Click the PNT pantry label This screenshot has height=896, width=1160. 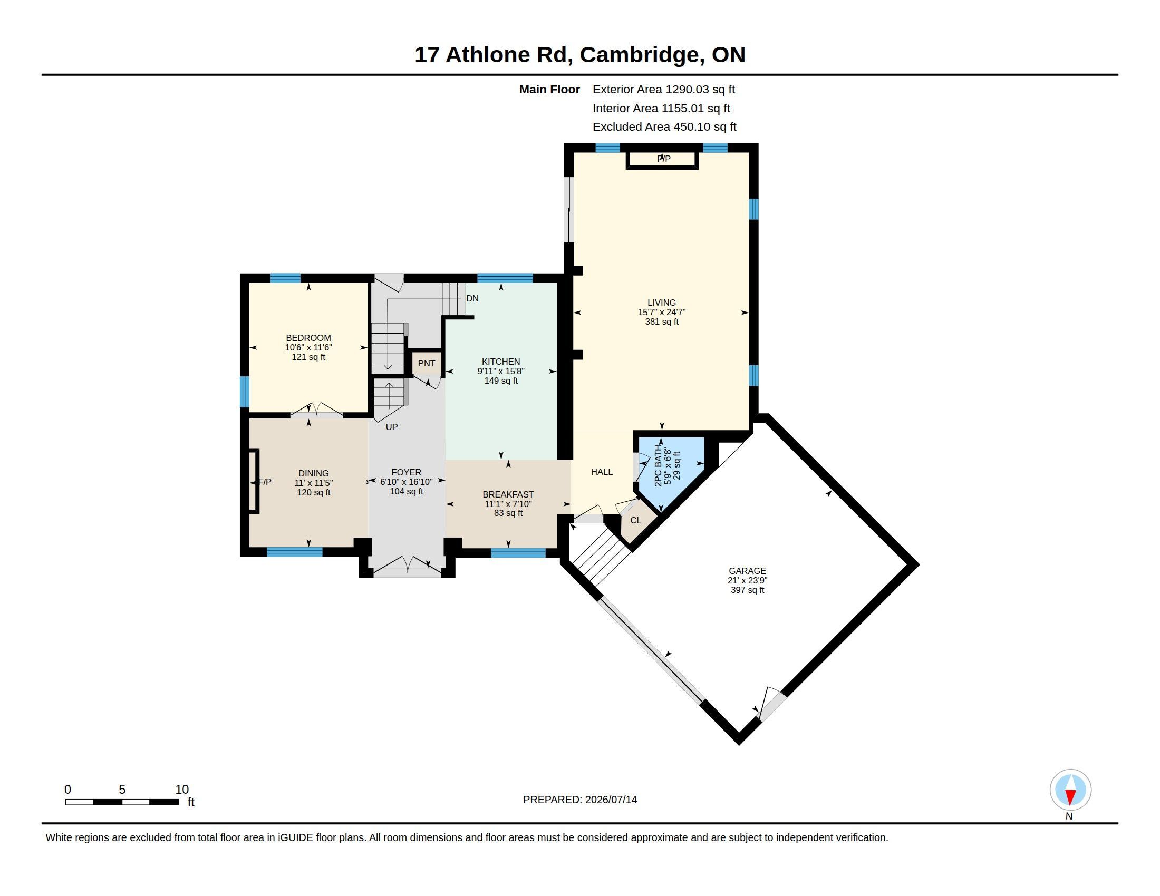[427, 364]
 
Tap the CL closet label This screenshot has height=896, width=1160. [636, 520]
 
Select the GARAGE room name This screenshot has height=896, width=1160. [747, 571]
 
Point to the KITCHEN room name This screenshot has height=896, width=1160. [501, 362]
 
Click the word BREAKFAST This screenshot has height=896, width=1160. [508, 494]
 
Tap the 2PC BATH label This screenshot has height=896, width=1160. [659, 465]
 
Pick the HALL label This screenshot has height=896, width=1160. [602, 472]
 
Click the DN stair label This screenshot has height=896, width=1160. [472, 298]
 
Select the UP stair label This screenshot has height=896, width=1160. [391, 427]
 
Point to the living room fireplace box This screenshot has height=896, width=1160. [662, 160]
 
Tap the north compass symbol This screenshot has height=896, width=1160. [1070, 790]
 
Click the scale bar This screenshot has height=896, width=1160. [122, 802]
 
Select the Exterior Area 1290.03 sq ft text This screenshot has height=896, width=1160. [664, 89]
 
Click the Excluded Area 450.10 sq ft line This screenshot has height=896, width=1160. [664, 127]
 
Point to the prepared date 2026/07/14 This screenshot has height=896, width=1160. [611, 800]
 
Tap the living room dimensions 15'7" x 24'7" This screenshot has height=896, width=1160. [662, 312]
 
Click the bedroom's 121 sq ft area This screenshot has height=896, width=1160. [308, 357]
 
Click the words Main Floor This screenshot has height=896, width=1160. [550, 89]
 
